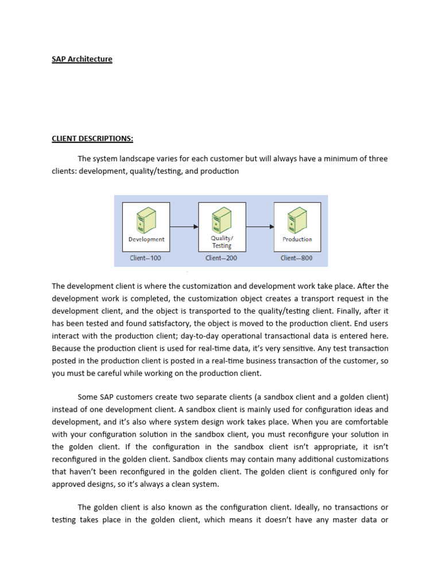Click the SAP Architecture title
(x=82, y=59)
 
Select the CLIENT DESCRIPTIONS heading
(x=92, y=138)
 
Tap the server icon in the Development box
(x=146, y=221)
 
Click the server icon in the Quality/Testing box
(x=222, y=220)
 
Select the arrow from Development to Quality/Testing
(x=184, y=227)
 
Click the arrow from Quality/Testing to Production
(x=260, y=227)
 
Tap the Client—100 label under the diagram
(x=145, y=258)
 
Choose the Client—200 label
(x=221, y=258)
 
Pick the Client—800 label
(x=297, y=258)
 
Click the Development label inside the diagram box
(x=146, y=240)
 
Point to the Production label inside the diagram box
(x=297, y=240)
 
